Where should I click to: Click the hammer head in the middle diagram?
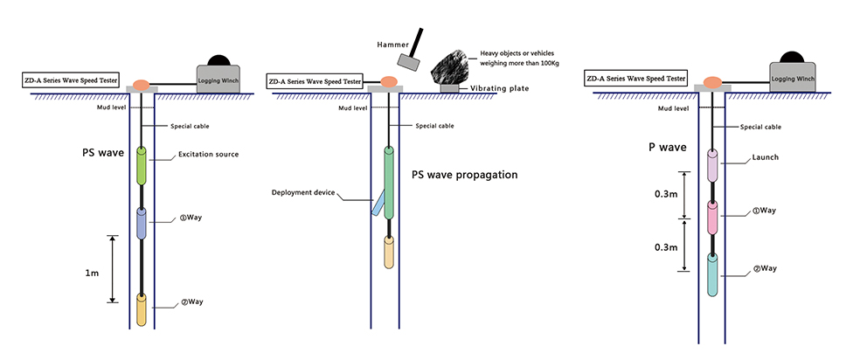point(407,59)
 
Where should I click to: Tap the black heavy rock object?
point(456,65)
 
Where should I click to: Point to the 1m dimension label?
point(93,273)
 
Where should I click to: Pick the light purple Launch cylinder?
point(713,165)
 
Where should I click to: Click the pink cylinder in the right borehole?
point(713,217)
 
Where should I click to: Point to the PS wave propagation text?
point(464,175)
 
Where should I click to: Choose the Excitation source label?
point(207,155)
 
